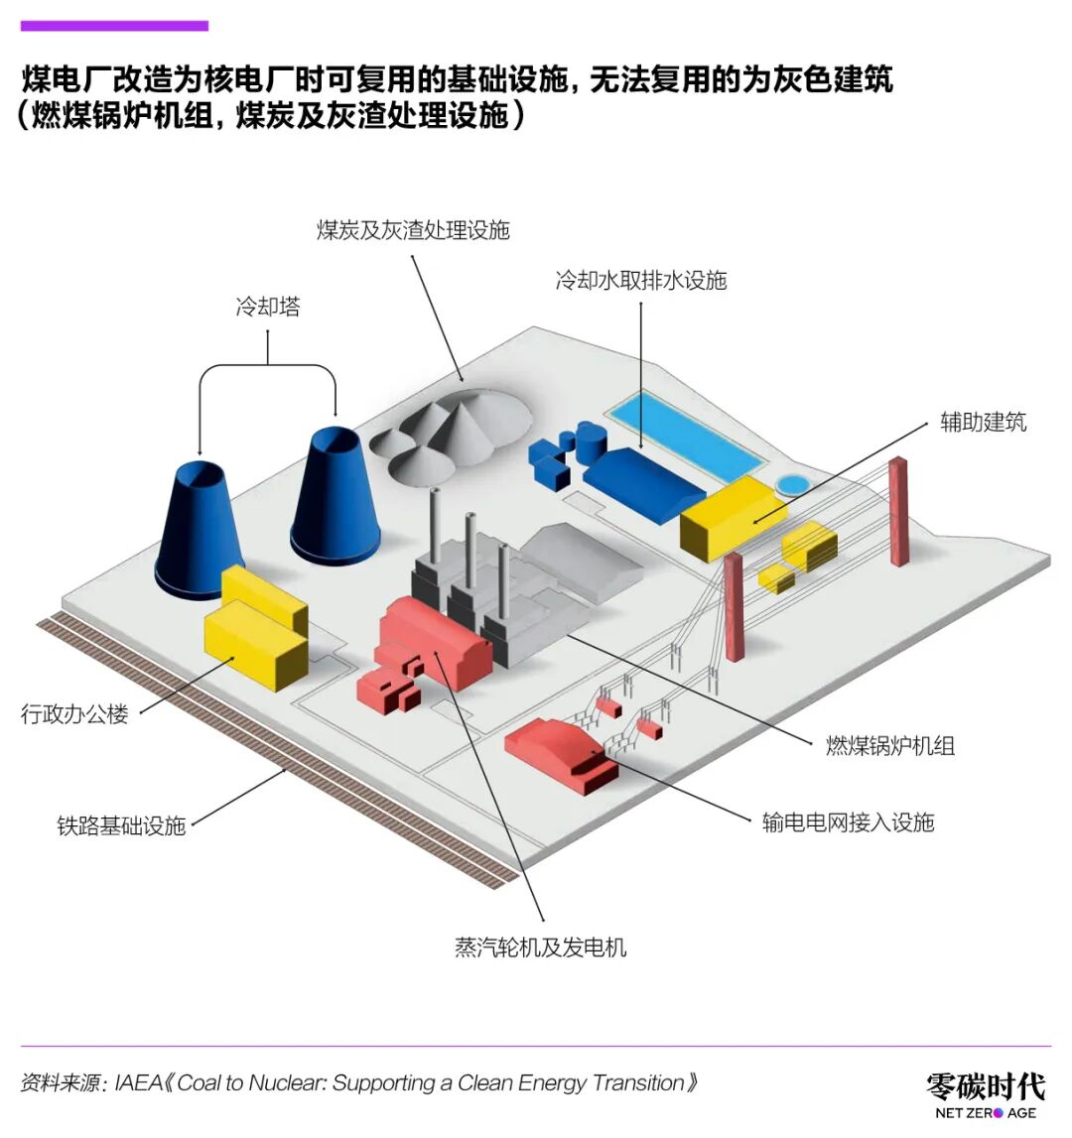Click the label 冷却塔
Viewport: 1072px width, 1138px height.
pyautogui.click(x=268, y=307)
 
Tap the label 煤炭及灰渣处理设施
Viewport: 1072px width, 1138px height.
pyautogui.click(x=413, y=230)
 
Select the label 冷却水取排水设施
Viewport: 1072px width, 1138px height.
pyautogui.click(x=640, y=280)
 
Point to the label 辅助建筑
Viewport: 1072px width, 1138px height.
pyautogui.click(x=984, y=422)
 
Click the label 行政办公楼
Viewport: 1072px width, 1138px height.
pyautogui.click(x=74, y=714)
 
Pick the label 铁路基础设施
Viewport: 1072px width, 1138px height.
pyautogui.click(x=121, y=825)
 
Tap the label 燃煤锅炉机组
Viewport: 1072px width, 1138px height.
pyautogui.click(x=890, y=745)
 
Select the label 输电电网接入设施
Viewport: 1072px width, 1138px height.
pyautogui.click(x=848, y=822)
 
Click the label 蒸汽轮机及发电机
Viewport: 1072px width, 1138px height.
pyautogui.click(x=540, y=948)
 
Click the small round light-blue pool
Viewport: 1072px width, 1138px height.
pyautogui.click(x=792, y=484)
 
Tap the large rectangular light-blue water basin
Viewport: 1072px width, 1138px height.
pyautogui.click(x=686, y=435)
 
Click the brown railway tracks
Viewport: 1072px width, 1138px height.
pyautogui.click(x=276, y=751)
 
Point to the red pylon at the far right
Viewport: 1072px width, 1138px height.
pyautogui.click(x=898, y=511)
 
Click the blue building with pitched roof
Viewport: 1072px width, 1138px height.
pyautogui.click(x=643, y=482)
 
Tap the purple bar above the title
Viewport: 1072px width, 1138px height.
pyautogui.click(x=114, y=26)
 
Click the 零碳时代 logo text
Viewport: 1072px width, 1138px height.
pyautogui.click(x=986, y=1086)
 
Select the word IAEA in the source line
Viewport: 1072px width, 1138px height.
pyautogui.click(x=139, y=1082)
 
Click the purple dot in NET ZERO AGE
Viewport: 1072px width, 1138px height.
pyautogui.click(x=998, y=1113)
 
